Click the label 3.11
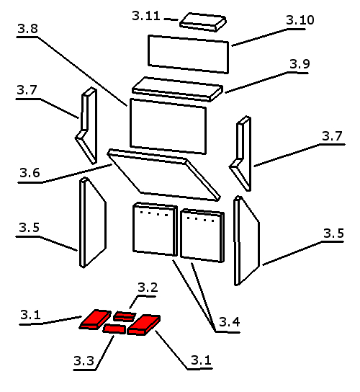(x=146, y=16)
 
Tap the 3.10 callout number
(x=300, y=20)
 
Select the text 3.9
(x=300, y=64)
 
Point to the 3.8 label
(x=28, y=29)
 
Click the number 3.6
(x=30, y=173)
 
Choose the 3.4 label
(x=230, y=322)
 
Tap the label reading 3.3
(x=84, y=361)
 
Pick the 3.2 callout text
(x=148, y=288)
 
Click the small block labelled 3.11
(x=203, y=22)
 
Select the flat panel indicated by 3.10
(x=189, y=54)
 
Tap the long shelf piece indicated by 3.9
(x=177, y=89)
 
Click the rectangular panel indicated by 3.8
(x=168, y=126)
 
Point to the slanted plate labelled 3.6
(x=163, y=175)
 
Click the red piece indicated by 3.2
(x=125, y=316)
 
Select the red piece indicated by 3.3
(x=114, y=329)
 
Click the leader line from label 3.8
(x=72, y=71)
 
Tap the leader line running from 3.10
(x=269, y=37)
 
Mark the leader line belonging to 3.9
(x=266, y=83)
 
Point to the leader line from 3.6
(x=65, y=174)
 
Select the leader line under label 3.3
(x=105, y=353)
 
